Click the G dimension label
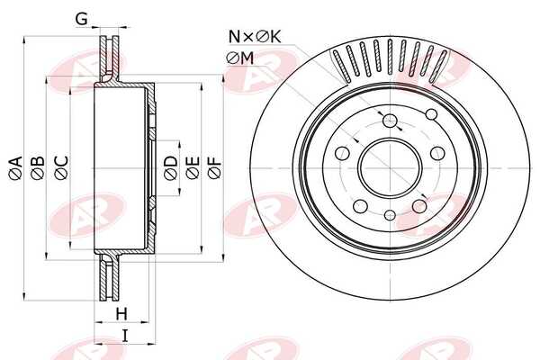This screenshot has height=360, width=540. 81,19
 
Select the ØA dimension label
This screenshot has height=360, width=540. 16,167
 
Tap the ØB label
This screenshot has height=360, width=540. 38,167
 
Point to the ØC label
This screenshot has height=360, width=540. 61,167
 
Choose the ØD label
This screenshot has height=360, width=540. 171,167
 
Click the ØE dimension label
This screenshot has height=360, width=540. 193,167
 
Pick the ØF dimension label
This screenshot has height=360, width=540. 214,167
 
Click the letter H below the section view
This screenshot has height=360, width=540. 121,314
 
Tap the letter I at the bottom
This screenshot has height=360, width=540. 125,336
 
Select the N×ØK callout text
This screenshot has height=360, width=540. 255,37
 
